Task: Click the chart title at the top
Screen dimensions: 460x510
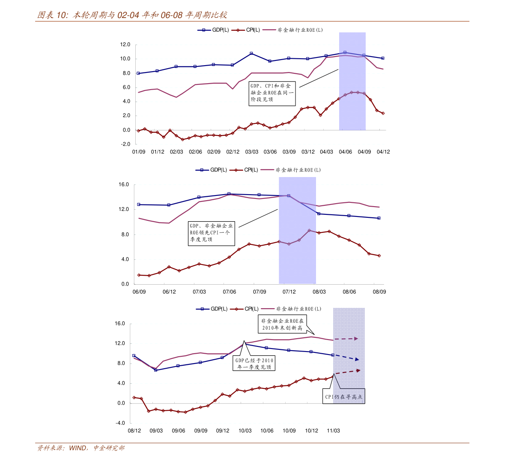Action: pos(132,15)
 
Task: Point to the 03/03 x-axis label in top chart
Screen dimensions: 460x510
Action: pos(252,152)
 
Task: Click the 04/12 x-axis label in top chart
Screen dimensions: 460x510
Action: pos(383,152)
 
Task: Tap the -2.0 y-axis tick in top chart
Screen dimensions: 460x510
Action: pos(126,144)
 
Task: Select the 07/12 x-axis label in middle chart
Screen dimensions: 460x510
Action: pos(289,292)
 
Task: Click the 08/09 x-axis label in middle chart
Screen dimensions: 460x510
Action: pos(379,292)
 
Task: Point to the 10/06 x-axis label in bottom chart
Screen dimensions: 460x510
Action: pos(267,431)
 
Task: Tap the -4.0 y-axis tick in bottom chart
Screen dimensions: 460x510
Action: pos(120,423)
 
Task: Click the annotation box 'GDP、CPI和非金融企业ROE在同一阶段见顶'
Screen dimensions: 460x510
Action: pos(272,93)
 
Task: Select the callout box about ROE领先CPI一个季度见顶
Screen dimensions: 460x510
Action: pos(212,233)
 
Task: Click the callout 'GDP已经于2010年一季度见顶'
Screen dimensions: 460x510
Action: pos(254,364)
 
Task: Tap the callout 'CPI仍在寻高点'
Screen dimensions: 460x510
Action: pos(343,397)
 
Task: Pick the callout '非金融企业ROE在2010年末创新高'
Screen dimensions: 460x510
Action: pos(282,325)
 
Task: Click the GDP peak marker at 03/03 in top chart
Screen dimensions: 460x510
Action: pos(251,54)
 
